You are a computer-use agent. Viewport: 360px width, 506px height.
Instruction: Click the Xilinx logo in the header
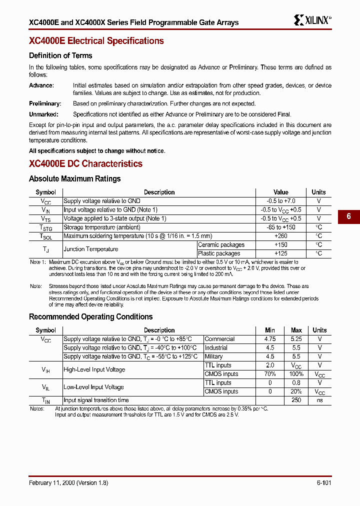(312, 20)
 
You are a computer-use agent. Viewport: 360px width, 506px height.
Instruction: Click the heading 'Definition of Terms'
(60, 55)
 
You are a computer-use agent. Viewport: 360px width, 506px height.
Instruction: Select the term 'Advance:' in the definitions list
(41, 85)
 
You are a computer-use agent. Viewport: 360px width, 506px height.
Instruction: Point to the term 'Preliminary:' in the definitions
(45, 103)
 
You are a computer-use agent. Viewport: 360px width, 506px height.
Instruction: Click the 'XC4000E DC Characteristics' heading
(85, 164)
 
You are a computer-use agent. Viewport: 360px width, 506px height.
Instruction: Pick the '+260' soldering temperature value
(281, 236)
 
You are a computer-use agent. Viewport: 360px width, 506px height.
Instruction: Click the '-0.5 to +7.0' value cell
(281, 201)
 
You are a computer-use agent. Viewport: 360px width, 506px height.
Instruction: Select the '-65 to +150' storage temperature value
(281, 227)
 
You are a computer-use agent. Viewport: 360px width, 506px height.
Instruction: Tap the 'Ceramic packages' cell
(221, 245)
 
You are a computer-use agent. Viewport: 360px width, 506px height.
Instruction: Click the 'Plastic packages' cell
(219, 253)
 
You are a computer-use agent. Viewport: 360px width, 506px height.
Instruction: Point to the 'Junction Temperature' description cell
(91, 249)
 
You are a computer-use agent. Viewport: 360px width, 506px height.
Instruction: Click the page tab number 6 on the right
(348, 216)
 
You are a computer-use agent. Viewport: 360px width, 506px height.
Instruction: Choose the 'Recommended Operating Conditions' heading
(90, 317)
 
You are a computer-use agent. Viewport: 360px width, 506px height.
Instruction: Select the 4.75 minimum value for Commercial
(270, 339)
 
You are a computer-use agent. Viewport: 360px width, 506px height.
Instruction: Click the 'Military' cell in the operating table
(214, 356)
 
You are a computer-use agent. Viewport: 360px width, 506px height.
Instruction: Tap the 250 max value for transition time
(296, 400)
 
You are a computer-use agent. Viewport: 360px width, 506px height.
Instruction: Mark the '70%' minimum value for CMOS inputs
(270, 374)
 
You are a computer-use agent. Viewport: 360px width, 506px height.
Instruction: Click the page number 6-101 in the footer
(323, 483)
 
